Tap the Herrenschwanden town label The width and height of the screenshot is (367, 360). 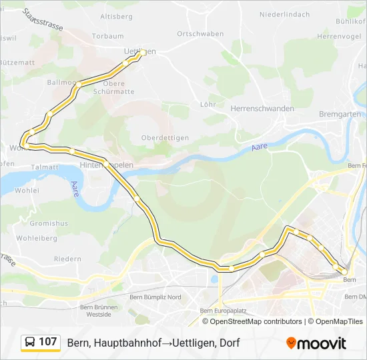coord(262,108)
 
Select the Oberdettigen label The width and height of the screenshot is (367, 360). coord(165,137)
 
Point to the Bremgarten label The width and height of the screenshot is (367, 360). coord(342,114)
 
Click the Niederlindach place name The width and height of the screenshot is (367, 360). coord(284,14)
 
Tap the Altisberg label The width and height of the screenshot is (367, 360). coord(116,15)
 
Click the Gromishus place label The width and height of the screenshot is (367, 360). coord(49,223)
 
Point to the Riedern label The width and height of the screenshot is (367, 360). coord(67,259)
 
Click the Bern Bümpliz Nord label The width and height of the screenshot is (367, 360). coord(155,297)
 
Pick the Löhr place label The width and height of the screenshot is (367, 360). coord(207,104)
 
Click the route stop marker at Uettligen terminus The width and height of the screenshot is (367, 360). coord(143,52)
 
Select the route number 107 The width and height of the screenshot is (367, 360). coord(48,342)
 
